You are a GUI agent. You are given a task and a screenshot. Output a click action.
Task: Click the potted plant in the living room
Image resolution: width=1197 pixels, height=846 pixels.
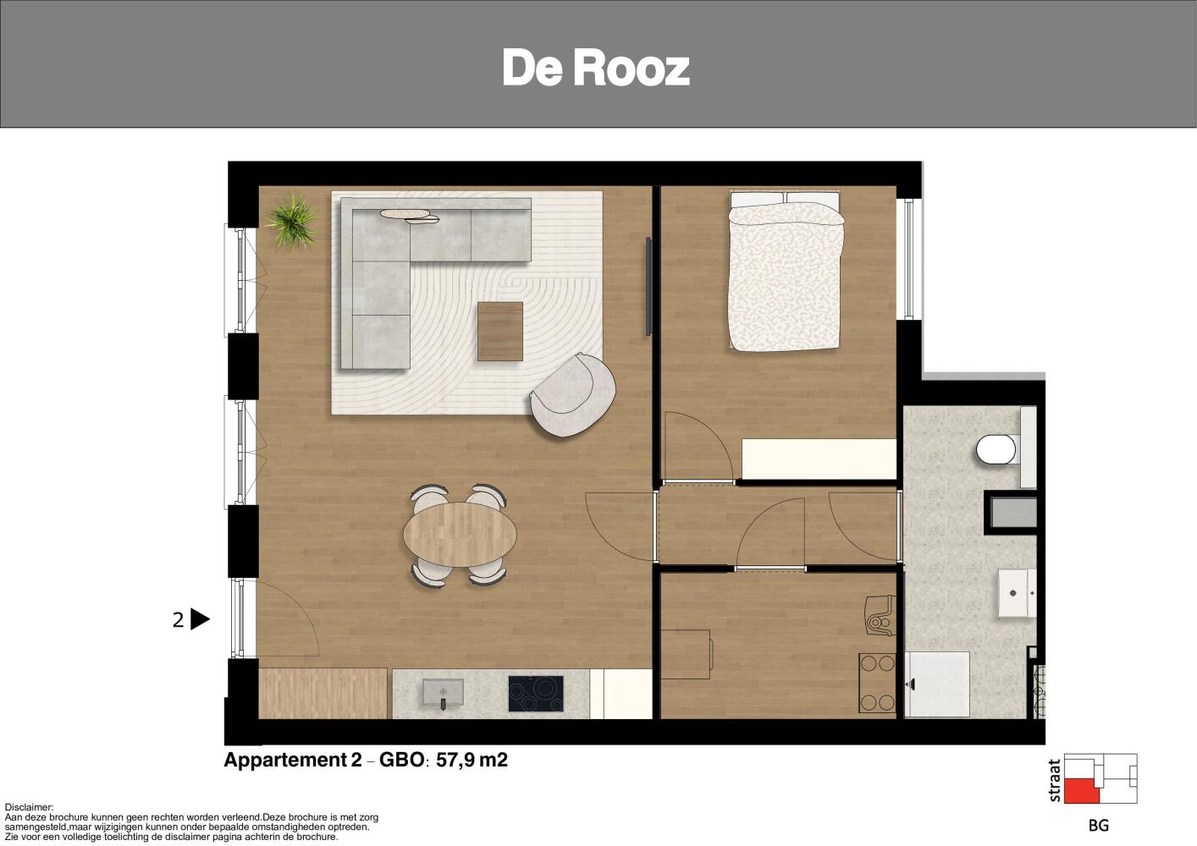[292, 220]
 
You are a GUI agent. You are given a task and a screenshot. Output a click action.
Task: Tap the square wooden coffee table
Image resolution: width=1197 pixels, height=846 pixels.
[499, 331]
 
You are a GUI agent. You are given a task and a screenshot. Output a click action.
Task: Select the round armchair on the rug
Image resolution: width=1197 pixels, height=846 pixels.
[573, 395]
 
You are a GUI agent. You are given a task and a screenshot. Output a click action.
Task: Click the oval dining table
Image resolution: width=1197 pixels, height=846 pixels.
[461, 534]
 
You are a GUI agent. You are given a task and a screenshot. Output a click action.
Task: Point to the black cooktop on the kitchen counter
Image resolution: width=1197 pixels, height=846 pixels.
[536, 694]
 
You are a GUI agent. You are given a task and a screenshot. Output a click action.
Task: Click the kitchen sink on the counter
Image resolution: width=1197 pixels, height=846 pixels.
[443, 693]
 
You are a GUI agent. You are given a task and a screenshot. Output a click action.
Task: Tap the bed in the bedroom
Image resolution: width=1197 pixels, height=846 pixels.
[786, 271]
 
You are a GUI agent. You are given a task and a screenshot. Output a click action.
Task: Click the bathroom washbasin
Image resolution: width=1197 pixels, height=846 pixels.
[1017, 593]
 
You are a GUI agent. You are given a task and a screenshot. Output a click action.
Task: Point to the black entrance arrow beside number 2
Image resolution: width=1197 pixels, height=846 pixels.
[199, 619]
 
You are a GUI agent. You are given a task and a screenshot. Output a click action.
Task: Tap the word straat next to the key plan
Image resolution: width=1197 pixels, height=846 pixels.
[1054, 780]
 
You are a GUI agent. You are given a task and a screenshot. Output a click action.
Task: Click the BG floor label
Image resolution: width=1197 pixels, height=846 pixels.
[1099, 826]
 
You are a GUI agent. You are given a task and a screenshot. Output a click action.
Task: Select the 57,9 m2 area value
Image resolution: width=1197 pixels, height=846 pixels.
[472, 760]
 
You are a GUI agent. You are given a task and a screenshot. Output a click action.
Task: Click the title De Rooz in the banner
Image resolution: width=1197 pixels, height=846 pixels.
[596, 69]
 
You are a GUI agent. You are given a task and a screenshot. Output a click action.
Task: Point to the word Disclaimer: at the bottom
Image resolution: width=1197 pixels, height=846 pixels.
[29, 808]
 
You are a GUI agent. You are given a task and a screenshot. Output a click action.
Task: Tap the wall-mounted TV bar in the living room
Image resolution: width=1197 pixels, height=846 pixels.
[648, 287]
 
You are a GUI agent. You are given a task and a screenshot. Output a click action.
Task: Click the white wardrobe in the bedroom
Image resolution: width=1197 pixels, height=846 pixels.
[819, 459]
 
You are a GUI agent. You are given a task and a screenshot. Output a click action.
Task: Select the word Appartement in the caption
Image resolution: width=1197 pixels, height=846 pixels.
[287, 760]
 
